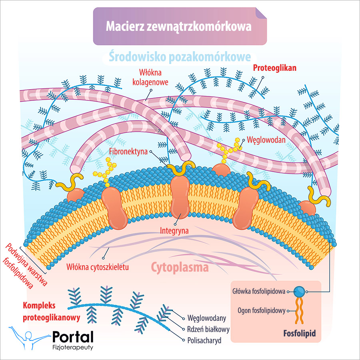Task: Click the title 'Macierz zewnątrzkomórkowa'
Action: (x=179, y=26)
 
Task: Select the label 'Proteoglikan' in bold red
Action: (x=275, y=68)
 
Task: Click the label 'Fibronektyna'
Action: (x=128, y=152)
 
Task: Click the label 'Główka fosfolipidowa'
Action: (x=258, y=292)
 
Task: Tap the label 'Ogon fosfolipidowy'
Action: (x=261, y=310)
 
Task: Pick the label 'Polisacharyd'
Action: (x=204, y=341)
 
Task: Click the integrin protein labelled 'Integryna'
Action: (x=180, y=196)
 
